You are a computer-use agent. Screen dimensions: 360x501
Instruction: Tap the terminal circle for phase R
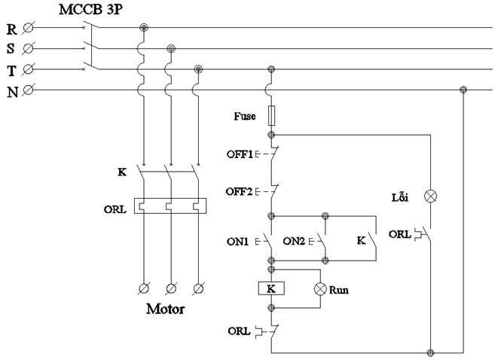click(28, 29)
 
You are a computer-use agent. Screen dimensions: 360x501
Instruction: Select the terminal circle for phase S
click(28, 50)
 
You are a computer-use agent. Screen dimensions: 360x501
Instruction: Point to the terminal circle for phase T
click(28, 70)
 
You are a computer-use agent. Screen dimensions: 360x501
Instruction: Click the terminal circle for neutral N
click(28, 90)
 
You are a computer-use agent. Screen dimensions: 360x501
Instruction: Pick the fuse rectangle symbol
click(271, 115)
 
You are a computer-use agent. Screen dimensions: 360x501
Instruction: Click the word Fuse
click(245, 117)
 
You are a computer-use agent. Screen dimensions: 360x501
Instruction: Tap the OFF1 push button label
click(240, 154)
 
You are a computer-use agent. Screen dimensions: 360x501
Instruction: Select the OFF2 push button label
click(240, 191)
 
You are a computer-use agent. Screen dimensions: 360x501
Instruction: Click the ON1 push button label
click(239, 242)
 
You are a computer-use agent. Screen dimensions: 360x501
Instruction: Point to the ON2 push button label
click(295, 242)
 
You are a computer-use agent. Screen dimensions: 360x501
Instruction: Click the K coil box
click(271, 288)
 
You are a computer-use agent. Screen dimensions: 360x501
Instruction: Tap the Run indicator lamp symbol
click(320, 288)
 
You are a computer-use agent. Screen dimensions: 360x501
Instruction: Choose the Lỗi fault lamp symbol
click(431, 196)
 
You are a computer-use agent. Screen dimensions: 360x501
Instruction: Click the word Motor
click(165, 309)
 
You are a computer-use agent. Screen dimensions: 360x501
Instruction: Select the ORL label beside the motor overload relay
click(115, 209)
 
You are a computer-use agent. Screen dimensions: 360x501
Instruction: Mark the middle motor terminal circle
click(170, 288)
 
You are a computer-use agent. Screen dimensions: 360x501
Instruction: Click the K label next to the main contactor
click(121, 172)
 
